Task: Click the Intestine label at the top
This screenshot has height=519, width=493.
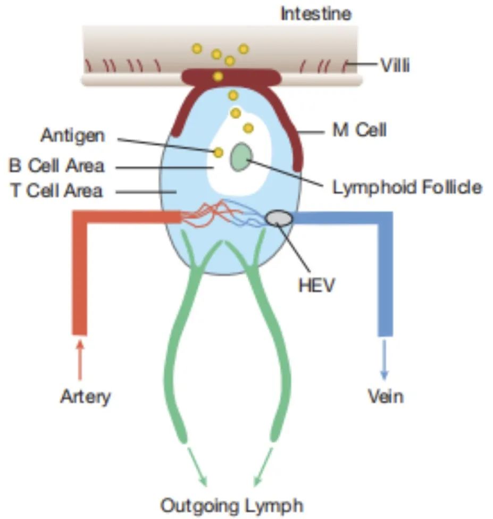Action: point(316,13)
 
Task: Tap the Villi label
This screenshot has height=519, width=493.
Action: point(395,66)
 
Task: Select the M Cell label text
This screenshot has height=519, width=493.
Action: point(359,130)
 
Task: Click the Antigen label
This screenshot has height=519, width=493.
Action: point(73,136)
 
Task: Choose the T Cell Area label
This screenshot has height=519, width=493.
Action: point(57,190)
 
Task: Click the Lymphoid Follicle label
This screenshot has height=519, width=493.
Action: point(407,187)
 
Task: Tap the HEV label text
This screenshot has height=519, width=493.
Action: point(316,285)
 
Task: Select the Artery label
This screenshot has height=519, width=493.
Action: point(85,396)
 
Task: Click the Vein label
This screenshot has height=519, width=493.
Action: point(386,396)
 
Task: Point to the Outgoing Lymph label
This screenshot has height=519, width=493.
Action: point(232,505)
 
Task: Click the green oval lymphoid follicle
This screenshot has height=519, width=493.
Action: point(241,158)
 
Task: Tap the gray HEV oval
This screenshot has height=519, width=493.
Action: point(279,217)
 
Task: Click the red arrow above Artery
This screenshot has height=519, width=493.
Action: point(80,359)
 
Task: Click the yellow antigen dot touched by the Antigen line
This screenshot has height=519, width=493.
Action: point(218,153)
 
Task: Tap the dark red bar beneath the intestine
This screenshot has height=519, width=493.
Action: point(231,77)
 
